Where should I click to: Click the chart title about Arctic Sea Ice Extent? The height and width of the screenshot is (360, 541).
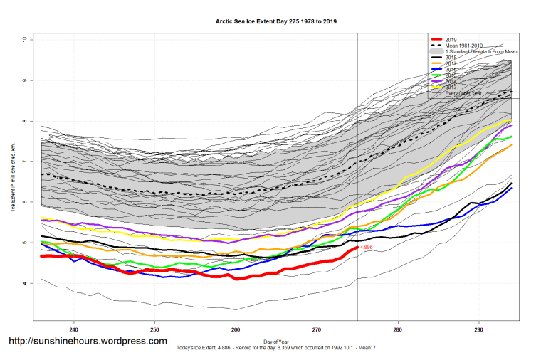pos(276,21)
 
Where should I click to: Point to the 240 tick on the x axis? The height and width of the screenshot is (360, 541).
pos(73,329)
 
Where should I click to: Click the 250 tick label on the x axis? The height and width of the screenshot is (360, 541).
pos(154,329)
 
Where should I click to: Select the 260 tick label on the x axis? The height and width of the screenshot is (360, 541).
pos(236,329)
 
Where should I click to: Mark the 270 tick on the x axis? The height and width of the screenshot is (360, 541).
pos(317,329)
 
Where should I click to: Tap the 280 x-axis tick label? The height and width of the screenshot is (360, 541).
pos(397,329)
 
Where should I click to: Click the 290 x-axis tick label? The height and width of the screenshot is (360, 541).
pos(478,329)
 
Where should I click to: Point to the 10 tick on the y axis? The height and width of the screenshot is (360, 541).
pos(23,40)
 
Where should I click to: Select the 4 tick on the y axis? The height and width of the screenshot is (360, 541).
pos(23,283)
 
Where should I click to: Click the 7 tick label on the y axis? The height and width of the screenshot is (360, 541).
pos(23,162)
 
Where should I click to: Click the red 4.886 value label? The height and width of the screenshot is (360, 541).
pos(367,248)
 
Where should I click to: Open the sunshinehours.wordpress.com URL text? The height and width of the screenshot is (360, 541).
pos(88,342)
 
